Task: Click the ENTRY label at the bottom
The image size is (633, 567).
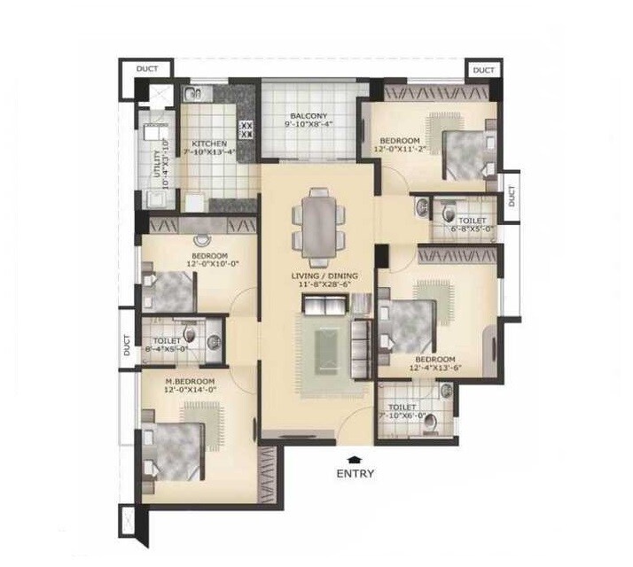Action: pyautogui.click(x=355, y=473)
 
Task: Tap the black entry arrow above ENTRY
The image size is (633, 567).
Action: pyautogui.click(x=355, y=458)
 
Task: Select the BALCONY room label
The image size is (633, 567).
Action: pyautogui.click(x=309, y=116)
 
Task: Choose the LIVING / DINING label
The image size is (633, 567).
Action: pyautogui.click(x=324, y=276)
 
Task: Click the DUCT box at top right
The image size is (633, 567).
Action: pyautogui.click(x=483, y=69)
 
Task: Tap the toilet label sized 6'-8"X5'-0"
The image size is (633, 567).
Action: pyautogui.click(x=473, y=220)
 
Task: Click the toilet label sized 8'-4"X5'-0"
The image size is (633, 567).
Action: pyautogui.click(x=168, y=340)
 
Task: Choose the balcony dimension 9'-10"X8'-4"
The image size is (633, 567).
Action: pyautogui.click(x=309, y=126)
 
